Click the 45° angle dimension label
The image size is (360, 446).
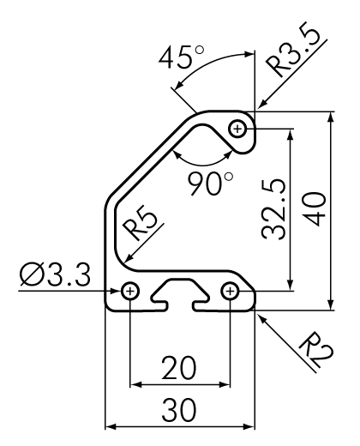(183, 61)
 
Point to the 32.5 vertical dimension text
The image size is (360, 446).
(272, 210)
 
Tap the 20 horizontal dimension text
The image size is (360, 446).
(179, 368)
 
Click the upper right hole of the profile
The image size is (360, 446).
(238, 130)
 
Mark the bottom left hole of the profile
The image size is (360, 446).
(130, 292)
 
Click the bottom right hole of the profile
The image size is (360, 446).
(231, 292)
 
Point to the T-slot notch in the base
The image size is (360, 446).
(180, 294)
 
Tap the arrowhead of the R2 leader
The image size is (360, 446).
(258, 314)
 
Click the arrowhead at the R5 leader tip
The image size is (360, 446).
(125, 260)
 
